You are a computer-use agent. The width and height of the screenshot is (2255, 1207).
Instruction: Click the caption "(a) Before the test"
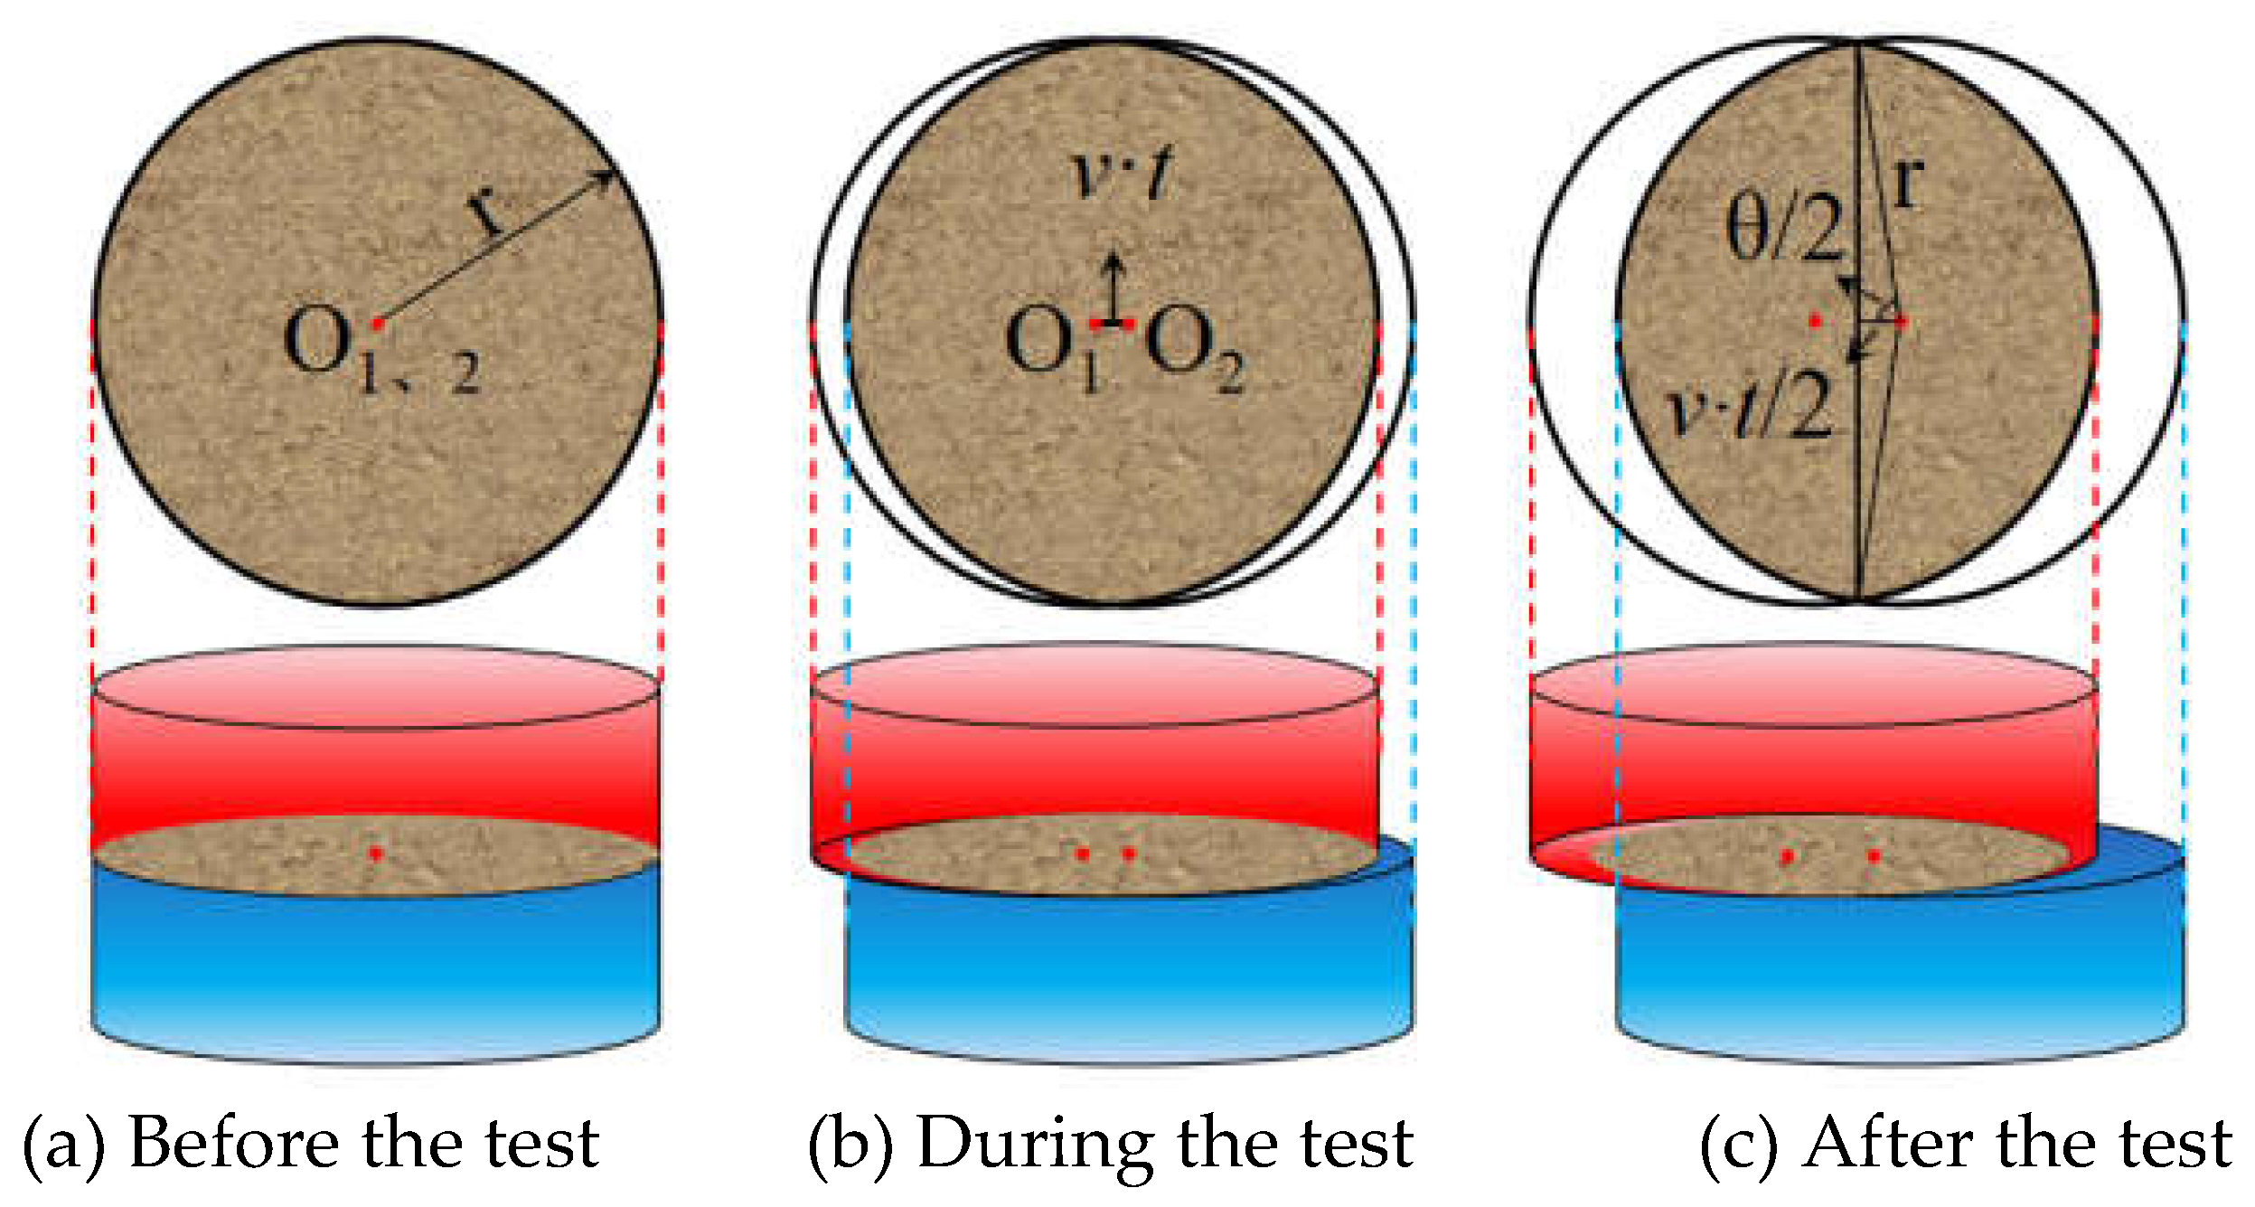tap(311, 1144)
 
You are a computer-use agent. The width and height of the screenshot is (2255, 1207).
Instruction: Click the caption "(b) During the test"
tap(1111, 1144)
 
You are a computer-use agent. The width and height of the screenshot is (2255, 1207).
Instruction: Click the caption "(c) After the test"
tap(1966, 1144)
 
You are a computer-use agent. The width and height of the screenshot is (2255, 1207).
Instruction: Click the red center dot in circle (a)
tap(378, 323)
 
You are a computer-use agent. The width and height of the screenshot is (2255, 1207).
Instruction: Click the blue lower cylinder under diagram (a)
tap(376, 963)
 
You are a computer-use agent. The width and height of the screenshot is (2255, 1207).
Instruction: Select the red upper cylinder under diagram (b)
tap(1095, 773)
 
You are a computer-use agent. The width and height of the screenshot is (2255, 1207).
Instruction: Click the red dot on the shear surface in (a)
tap(376, 853)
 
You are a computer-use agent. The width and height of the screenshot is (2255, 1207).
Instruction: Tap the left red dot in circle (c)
tap(1815, 321)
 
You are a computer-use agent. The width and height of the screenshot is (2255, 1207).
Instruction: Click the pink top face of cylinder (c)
tap(1813, 684)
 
